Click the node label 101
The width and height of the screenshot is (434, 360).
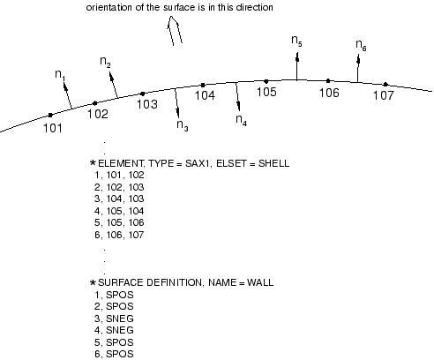click(53, 128)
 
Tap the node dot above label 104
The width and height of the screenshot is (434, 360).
click(203, 86)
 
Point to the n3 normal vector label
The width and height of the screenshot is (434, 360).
click(183, 125)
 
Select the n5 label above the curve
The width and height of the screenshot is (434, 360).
click(296, 41)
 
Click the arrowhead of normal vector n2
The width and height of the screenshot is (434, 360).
click(111, 76)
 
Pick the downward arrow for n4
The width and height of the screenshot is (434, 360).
click(238, 97)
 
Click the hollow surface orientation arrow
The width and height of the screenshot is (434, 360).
click(175, 31)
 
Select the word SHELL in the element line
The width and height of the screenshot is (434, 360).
click(273, 163)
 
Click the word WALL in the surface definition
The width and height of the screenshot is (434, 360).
click(260, 282)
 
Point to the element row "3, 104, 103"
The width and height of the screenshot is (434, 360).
click(119, 199)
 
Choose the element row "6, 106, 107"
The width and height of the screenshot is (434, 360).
click(119, 235)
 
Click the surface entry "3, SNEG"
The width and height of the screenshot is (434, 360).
click(114, 319)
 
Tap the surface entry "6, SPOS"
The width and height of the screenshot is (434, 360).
click(114, 354)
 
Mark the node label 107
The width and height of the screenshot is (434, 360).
click(383, 95)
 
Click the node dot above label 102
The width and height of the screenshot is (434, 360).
click(94, 103)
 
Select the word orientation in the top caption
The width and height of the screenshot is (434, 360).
click(108, 7)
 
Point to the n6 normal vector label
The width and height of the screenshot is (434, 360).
click(361, 45)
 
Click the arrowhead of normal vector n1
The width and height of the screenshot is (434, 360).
click(65, 87)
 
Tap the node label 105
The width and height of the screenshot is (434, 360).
click(266, 92)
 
